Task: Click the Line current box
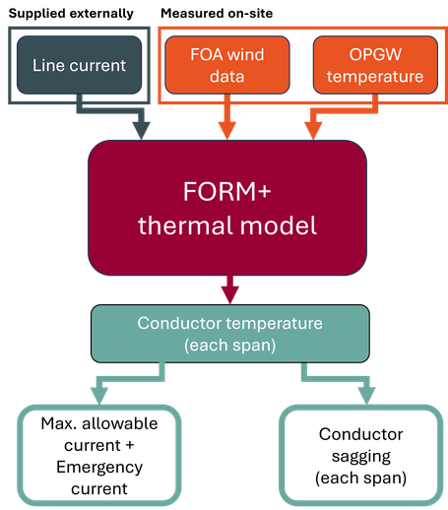pos(79,65)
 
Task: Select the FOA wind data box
pos(227,65)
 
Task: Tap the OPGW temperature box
pos(375,65)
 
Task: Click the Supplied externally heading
pos(71,14)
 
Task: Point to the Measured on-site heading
pos(217,14)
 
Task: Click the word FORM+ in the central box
pos(227,191)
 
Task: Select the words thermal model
pos(227,225)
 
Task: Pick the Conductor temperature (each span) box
pos(230,334)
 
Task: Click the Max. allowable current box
pos(99,456)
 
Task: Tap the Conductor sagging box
pos(361,456)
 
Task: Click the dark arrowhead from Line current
pos(142,131)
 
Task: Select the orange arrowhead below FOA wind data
pos(227,131)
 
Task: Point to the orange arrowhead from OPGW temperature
pos(313,131)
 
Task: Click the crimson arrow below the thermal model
pos(230,289)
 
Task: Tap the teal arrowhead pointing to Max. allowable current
pos(99,397)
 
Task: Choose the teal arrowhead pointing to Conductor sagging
pos(366,397)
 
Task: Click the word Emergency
pos(99,468)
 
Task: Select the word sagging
pos(361,457)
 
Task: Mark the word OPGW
pos(375,54)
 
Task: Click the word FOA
pos(207,54)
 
